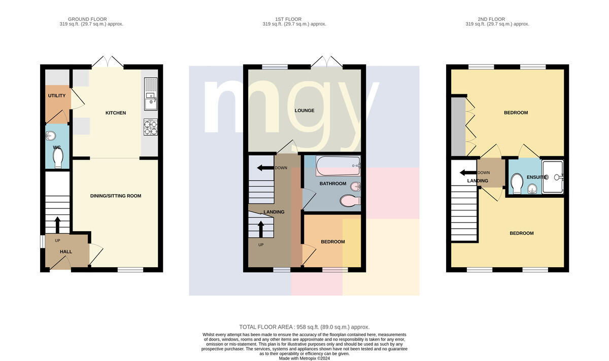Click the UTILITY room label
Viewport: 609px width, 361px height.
click(x=56, y=96)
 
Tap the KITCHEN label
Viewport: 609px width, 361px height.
click(x=116, y=113)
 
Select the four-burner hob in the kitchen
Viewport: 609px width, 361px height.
click(x=151, y=127)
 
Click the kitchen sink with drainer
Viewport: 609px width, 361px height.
click(x=151, y=94)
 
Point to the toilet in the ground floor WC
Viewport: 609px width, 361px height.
click(x=58, y=158)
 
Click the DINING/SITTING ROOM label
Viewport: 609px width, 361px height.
click(x=116, y=196)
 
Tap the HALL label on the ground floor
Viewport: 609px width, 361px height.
click(x=66, y=252)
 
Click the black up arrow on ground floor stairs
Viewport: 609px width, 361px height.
click(x=58, y=225)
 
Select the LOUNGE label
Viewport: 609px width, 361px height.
click(x=304, y=111)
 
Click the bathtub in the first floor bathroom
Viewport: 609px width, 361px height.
click(x=338, y=166)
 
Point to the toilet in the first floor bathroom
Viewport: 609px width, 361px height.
click(x=350, y=201)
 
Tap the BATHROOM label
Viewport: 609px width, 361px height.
click(x=333, y=184)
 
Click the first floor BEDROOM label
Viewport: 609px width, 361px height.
click(x=333, y=242)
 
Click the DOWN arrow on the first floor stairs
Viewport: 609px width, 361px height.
click(x=265, y=168)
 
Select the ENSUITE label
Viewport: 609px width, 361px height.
click(x=536, y=177)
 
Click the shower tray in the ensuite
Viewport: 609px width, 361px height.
click(x=553, y=177)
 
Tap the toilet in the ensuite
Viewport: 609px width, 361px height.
click(x=517, y=184)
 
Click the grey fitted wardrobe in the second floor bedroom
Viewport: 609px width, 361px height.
click(x=458, y=127)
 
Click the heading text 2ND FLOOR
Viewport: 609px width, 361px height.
click(x=491, y=19)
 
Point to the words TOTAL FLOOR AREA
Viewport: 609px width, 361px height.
click(x=265, y=327)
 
